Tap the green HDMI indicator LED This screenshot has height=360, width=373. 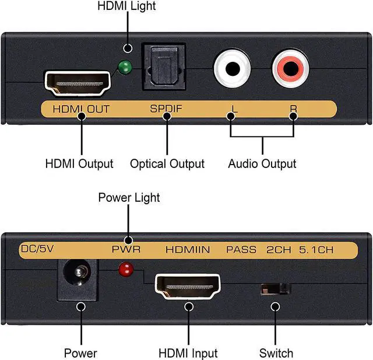(124, 68)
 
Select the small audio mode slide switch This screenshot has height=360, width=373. (275, 288)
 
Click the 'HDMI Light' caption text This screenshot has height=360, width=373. (128, 7)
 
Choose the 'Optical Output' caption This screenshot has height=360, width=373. (167, 164)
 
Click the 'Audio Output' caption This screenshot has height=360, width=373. (262, 164)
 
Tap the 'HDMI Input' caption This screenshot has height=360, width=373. (188, 353)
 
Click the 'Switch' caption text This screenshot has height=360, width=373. (276, 353)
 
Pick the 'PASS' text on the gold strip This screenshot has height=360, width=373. (241, 250)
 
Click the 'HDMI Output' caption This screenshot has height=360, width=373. (79, 164)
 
